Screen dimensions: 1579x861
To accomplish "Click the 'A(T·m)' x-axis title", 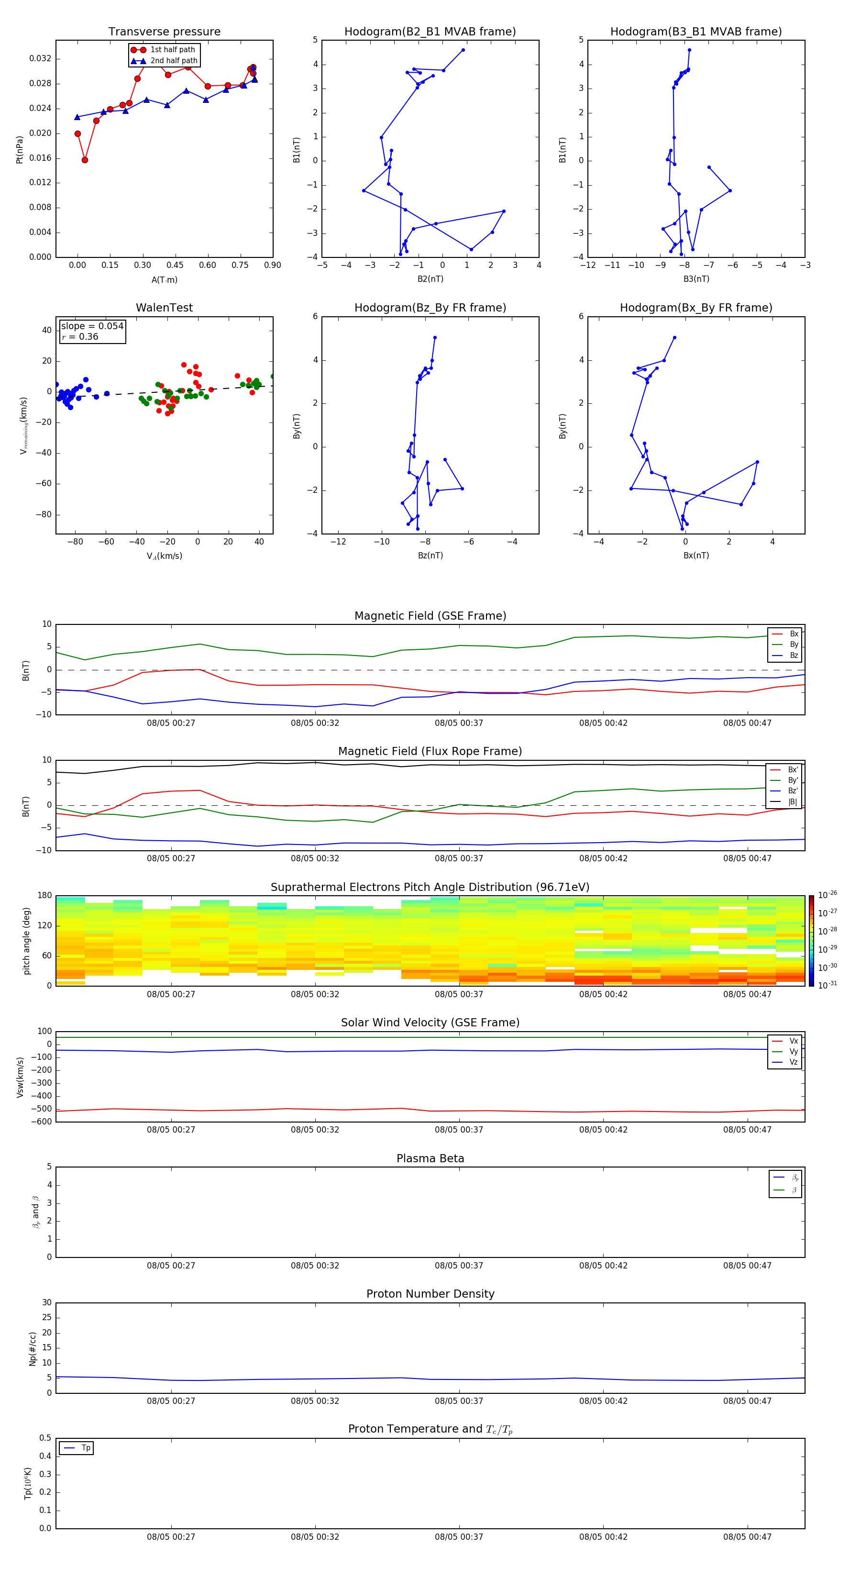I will coord(164,280).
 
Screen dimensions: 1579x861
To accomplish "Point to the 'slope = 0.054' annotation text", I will coord(92,326).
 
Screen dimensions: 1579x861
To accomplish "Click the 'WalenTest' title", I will coord(164,308).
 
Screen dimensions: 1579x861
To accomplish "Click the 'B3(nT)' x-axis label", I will coord(696,279).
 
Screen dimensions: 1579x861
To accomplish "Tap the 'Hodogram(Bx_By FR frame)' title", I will coord(695,308).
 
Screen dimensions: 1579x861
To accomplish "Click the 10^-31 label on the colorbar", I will coord(828,985).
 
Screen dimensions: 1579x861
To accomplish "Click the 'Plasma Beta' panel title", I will coord(430,1158).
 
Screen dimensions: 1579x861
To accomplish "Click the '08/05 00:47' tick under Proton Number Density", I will coord(747,1401).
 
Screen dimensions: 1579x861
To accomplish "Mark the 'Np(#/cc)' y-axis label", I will coord(33,1348).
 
